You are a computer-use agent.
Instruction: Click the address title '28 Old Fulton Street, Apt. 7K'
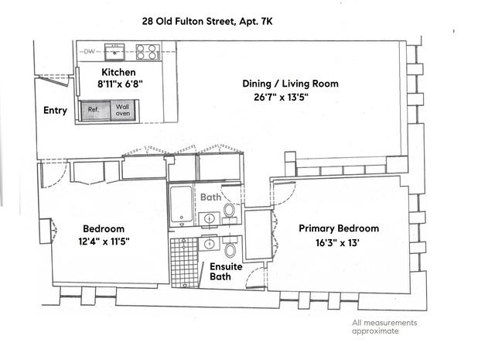click(207, 22)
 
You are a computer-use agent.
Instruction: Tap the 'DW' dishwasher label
click(90, 51)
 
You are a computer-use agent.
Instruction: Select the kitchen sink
click(114, 52)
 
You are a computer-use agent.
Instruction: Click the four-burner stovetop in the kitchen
click(148, 52)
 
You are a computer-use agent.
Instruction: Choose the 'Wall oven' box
click(124, 110)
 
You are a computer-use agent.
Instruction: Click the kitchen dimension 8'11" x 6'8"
click(120, 84)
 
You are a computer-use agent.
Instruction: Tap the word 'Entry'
click(55, 110)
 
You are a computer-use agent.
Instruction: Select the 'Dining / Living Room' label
click(290, 84)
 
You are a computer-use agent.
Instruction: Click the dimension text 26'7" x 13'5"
click(281, 97)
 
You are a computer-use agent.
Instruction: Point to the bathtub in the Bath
click(182, 204)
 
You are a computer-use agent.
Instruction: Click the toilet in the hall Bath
click(229, 213)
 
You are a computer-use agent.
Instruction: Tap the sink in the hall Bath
click(209, 218)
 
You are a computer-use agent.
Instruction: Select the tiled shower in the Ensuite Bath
click(184, 263)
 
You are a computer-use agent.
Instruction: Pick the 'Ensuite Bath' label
click(226, 271)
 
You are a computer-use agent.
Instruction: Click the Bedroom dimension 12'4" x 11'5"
click(104, 242)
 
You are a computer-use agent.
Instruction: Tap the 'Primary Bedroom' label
click(339, 228)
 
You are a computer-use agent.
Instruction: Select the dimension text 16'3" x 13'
click(338, 243)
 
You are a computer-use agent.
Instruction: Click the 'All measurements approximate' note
click(384, 327)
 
